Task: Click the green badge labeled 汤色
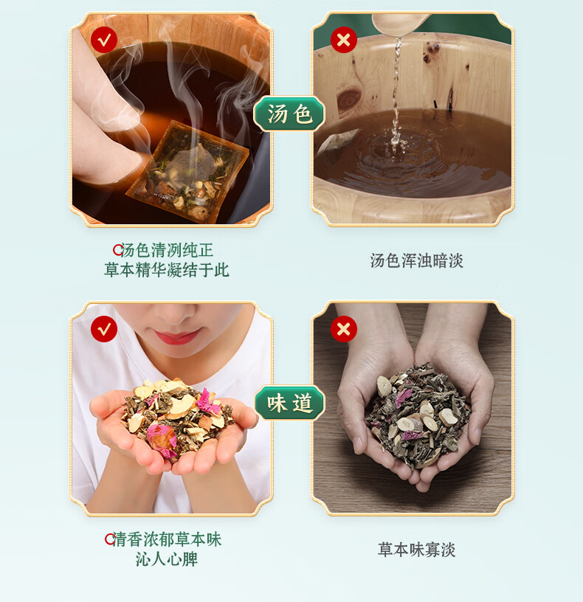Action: coord(289,114)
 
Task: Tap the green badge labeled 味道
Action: coord(289,403)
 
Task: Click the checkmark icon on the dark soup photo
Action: coord(104,40)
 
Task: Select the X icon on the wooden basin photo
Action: coord(344,40)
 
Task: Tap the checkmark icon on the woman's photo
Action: coord(104,329)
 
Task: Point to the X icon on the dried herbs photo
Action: coord(344,329)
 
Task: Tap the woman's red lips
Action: coord(177,336)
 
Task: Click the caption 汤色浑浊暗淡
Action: coord(417,260)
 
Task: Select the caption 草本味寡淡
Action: coord(417,550)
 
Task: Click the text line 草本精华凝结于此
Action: coord(167,270)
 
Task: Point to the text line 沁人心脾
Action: coord(167,559)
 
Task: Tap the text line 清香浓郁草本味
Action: coord(167,539)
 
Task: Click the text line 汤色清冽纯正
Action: coord(167,250)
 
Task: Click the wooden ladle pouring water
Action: coord(399,24)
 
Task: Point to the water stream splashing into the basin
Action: coord(396,96)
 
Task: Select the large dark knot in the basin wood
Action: coord(349,99)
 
